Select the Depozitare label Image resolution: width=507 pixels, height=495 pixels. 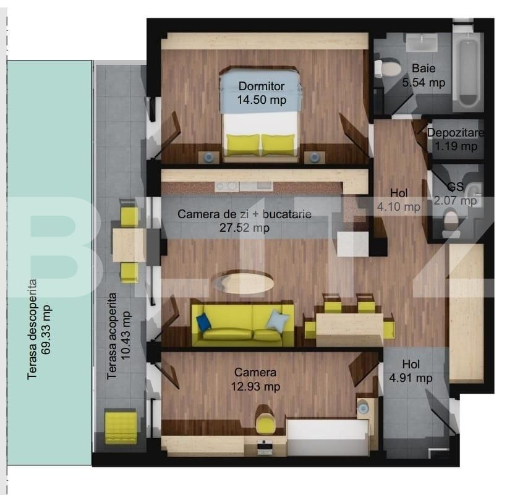click(456, 133)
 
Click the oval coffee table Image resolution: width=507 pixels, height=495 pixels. click(243, 282)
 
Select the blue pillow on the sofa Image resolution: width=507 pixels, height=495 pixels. click(203, 323)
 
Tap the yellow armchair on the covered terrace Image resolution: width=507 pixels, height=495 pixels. click(121, 427)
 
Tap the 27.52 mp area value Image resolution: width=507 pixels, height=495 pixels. click(244, 228)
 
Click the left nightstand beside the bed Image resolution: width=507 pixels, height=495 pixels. click(209, 157)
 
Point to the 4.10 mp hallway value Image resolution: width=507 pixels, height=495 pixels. click(399, 207)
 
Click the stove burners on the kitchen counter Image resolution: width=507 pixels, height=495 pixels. click(226, 186)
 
